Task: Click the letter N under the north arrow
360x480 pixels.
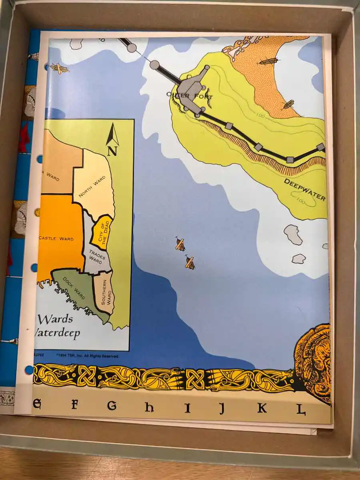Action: pyautogui.click(x=112, y=151)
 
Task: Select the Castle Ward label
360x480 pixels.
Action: pyautogui.click(x=56, y=239)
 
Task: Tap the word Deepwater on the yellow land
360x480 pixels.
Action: pyautogui.click(x=304, y=190)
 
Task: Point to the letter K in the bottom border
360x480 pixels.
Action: pyautogui.click(x=262, y=408)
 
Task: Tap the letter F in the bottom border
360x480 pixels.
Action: pyautogui.click(x=74, y=405)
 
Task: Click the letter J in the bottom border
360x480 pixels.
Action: pyautogui.click(x=222, y=408)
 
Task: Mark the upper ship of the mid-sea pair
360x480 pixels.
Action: pyautogui.click(x=180, y=244)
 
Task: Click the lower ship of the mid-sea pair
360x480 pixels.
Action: pyautogui.click(x=190, y=262)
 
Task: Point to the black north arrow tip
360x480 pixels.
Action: pyautogui.click(x=113, y=124)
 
